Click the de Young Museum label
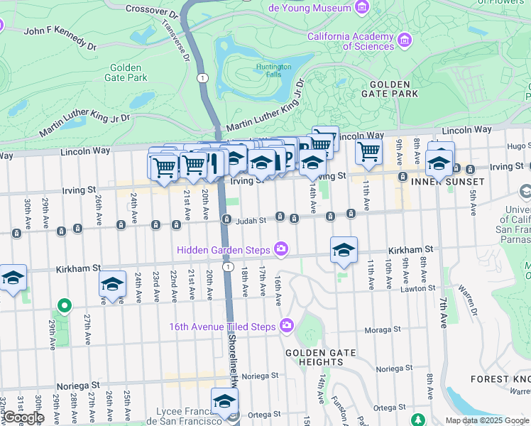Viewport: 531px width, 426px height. click(310, 8)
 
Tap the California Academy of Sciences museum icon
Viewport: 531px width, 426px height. click(405, 38)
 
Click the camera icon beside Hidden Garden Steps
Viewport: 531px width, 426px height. click(282, 248)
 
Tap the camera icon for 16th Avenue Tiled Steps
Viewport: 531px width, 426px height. click(287, 326)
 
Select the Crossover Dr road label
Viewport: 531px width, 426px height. click(151, 11)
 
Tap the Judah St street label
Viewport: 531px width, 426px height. click(251, 220)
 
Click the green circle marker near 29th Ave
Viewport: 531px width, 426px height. click(64, 306)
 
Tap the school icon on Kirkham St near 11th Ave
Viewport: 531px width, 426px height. click(344, 251)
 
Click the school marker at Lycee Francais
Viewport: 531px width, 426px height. click(225, 401)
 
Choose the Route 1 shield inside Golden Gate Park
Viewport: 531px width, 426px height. click(204, 77)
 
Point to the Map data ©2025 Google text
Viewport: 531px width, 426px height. click(487, 420)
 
